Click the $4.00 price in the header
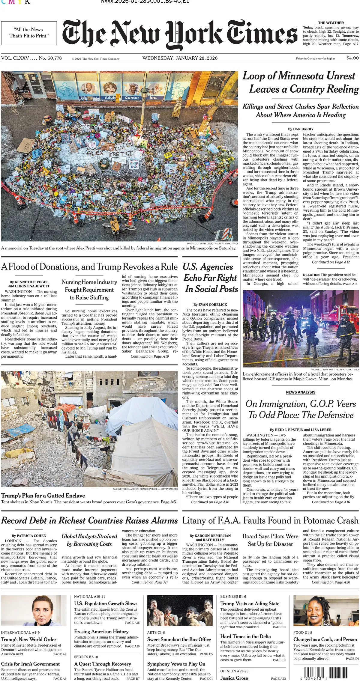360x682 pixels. [352, 58]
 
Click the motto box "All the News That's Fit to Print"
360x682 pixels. [29, 33]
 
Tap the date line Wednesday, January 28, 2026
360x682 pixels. [180, 58]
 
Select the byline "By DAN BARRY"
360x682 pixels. [301, 129]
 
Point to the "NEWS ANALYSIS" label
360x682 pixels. [301, 392]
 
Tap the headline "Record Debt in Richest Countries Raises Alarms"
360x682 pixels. [89, 521]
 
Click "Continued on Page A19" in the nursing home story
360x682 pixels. [150, 356]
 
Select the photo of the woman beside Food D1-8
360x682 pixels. [326, 611]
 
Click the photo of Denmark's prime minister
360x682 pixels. [34, 611]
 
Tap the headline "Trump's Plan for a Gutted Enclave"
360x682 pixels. [43, 496]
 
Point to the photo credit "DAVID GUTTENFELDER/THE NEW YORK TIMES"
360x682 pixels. [212, 243]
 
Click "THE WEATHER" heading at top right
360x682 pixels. [331, 23]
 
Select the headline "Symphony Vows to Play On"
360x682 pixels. [176, 664]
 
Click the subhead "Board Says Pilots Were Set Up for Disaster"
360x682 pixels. [270, 540]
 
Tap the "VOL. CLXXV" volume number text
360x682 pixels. [14, 58]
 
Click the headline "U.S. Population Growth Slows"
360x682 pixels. [106, 603]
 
